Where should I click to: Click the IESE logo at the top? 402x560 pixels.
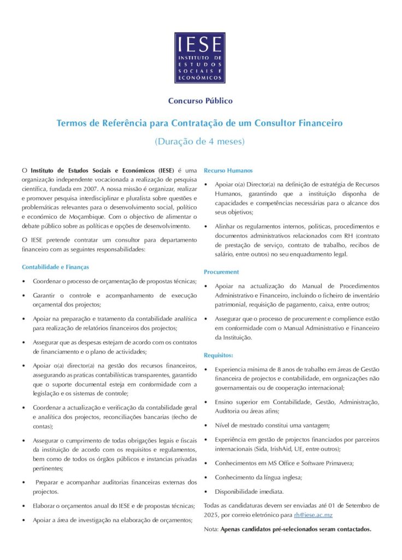tap(199, 57)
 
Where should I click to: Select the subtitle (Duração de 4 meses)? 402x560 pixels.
tap(200, 141)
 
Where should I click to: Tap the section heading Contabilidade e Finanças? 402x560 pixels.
tap(55, 267)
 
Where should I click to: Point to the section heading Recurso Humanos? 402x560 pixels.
tap(228, 171)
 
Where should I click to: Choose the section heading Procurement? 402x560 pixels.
tap(221, 272)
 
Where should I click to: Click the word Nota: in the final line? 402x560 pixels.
tap(211, 529)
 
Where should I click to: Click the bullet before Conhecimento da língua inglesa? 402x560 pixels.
tap(206, 477)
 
